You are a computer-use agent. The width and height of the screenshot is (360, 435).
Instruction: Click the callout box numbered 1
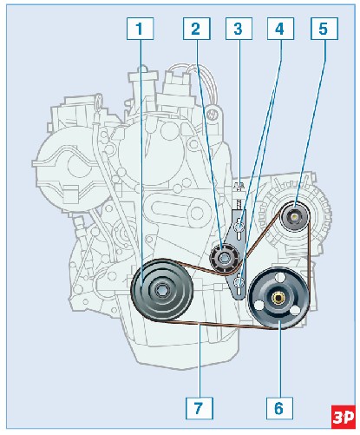click(x=140, y=29)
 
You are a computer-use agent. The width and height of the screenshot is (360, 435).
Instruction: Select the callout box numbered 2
click(x=196, y=29)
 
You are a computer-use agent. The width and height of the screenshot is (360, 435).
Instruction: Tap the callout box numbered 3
click(x=239, y=29)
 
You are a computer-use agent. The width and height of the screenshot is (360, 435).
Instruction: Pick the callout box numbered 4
click(x=280, y=29)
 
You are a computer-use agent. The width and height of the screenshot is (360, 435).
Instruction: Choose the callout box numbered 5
click(x=324, y=29)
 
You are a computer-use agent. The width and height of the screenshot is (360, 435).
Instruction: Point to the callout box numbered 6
click(x=279, y=408)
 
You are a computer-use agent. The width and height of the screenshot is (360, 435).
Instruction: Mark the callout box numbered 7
click(x=200, y=408)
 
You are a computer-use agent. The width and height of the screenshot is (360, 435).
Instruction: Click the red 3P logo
click(x=344, y=417)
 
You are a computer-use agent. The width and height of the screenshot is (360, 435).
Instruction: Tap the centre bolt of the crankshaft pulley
click(x=160, y=289)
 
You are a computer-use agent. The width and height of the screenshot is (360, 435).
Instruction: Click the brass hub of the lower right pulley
click(x=278, y=298)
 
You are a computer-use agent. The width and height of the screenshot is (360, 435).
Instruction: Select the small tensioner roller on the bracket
click(x=225, y=258)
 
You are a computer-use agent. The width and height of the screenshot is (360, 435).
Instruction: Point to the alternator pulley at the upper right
click(x=295, y=216)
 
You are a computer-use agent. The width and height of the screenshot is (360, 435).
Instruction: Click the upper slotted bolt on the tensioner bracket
click(x=239, y=226)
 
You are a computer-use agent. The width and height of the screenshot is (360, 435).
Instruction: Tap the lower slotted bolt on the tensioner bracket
click(x=239, y=281)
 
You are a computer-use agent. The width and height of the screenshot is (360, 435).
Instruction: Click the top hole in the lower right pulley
click(x=279, y=277)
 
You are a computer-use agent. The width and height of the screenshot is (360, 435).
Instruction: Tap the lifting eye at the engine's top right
click(x=213, y=114)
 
